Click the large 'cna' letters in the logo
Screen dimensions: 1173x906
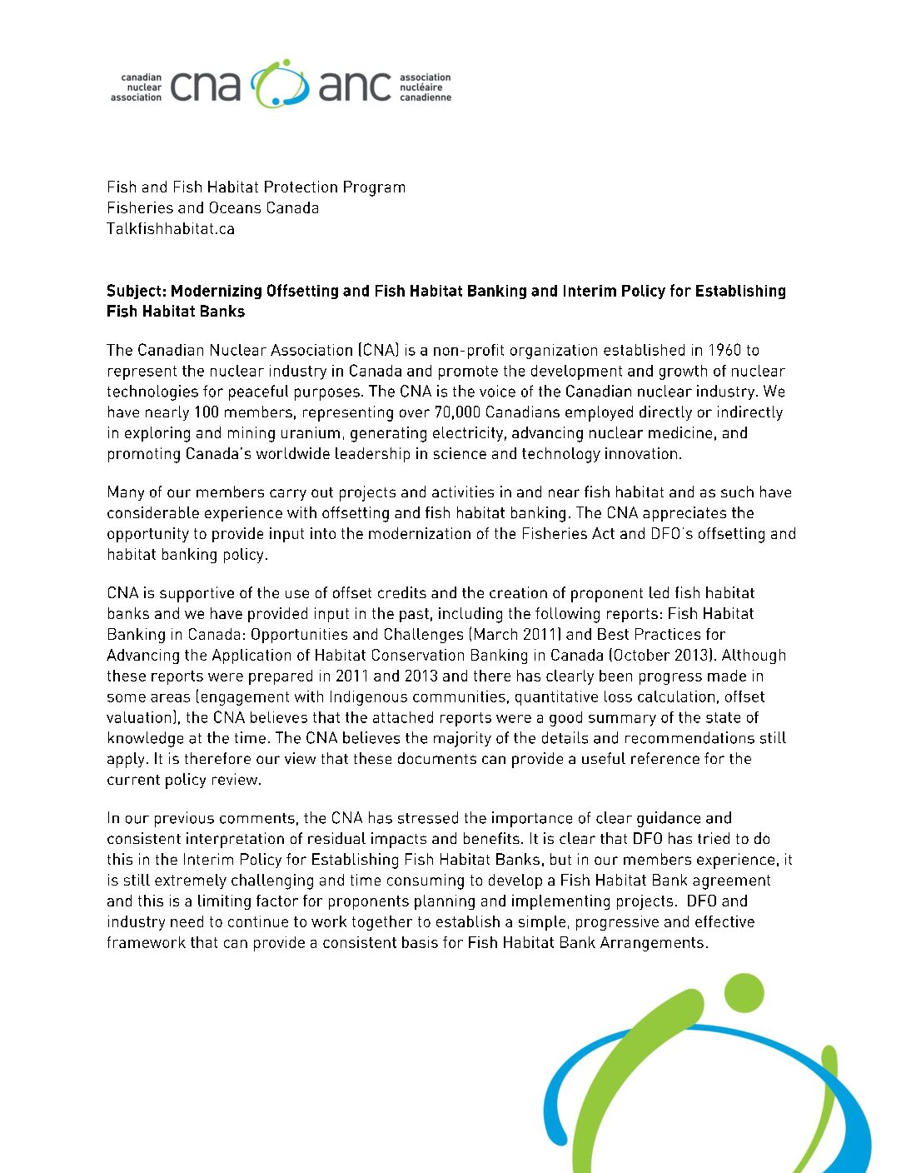[205, 87]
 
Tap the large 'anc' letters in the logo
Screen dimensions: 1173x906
[355, 87]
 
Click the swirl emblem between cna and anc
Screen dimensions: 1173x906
[280, 83]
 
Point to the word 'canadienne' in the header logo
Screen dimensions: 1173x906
[426, 97]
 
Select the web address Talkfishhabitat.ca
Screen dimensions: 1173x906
[171, 228]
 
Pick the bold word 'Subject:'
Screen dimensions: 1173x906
[137, 291]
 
